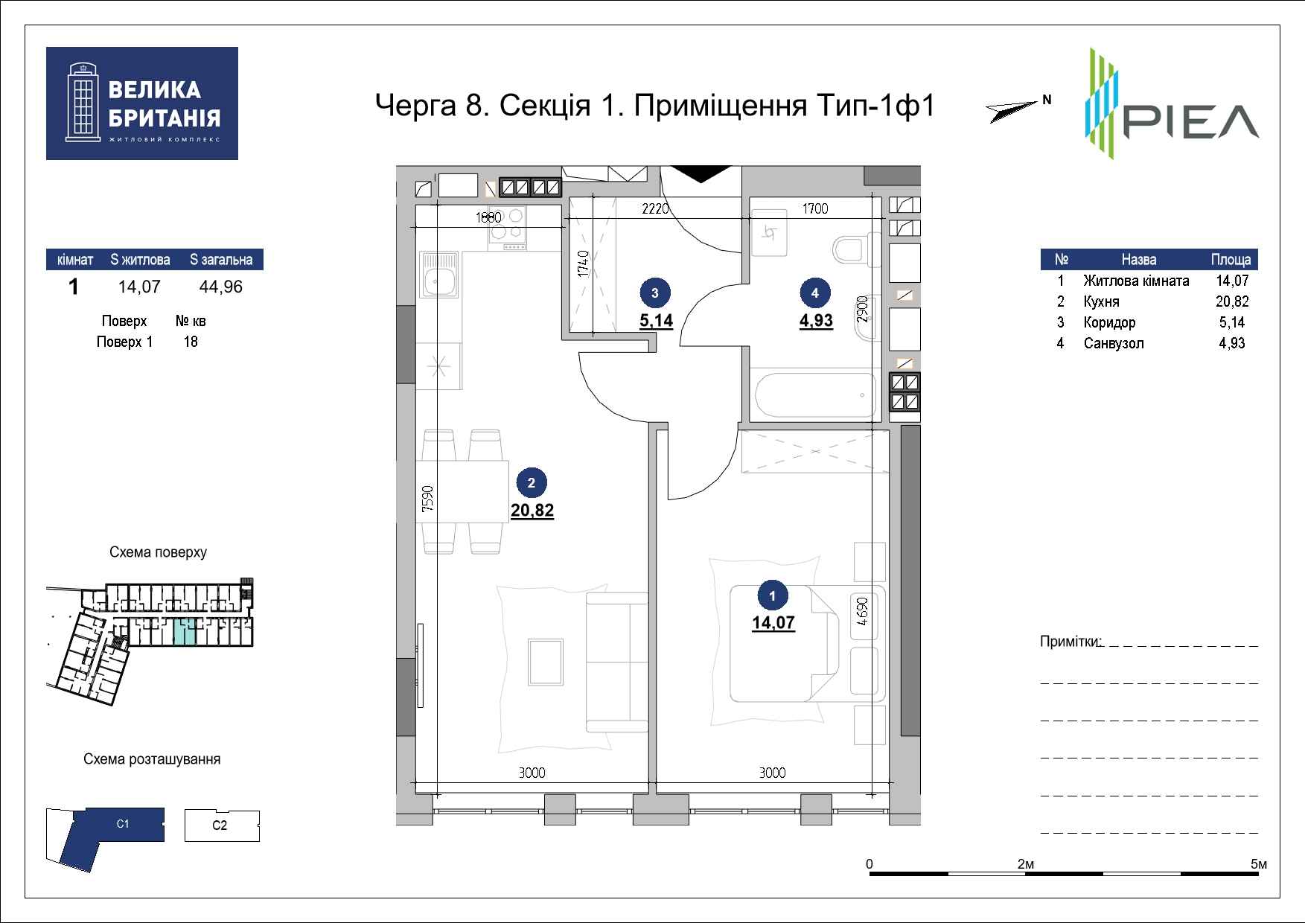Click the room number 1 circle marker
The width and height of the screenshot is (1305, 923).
tap(773, 595)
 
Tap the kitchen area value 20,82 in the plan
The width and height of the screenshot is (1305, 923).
tap(532, 511)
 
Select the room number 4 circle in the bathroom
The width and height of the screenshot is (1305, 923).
tap(815, 293)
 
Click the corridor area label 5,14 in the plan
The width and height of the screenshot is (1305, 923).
tap(655, 322)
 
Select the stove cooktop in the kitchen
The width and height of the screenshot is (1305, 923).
tap(508, 227)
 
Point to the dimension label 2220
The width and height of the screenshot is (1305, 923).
tap(656, 208)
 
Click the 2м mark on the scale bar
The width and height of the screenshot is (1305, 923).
tap(1026, 863)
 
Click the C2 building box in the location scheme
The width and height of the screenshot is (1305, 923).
tap(222, 825)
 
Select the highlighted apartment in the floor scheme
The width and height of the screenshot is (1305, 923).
tap(185, 632)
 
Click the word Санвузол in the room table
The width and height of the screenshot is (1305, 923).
tap(1114, 343)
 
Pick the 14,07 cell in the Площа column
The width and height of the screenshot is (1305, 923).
tap(1232, 281)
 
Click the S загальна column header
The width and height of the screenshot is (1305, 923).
tap(221, 260)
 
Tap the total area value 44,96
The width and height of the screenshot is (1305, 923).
tap(221, 287)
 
